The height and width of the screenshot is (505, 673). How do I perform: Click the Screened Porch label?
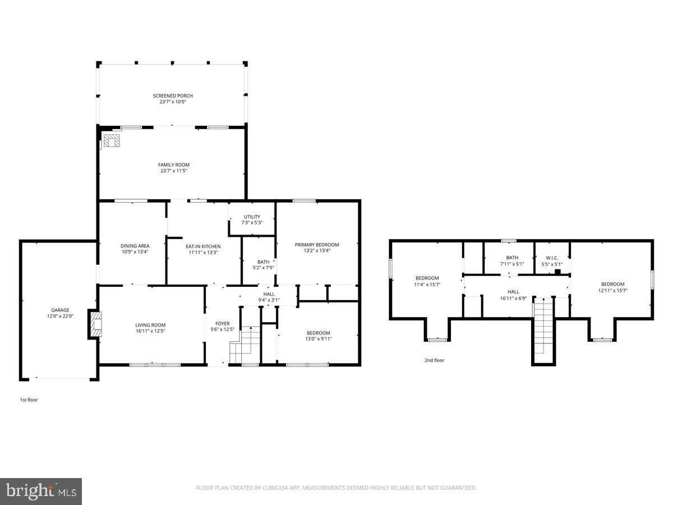173,96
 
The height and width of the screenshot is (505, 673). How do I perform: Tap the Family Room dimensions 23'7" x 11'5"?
173,171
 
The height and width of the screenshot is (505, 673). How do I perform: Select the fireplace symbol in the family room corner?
112,140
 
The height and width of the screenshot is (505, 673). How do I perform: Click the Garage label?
60,310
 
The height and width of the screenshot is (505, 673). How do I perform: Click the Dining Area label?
135,246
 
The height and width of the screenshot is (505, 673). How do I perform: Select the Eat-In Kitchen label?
203,246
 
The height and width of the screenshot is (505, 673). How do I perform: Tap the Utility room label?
252,217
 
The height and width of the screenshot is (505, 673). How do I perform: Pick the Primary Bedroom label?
317,245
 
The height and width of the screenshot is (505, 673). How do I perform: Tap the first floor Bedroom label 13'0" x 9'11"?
317,333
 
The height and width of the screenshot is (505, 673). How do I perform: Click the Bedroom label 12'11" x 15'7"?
612,284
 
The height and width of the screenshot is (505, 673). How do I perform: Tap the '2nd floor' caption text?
434,360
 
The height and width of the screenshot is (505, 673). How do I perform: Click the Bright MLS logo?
41,491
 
